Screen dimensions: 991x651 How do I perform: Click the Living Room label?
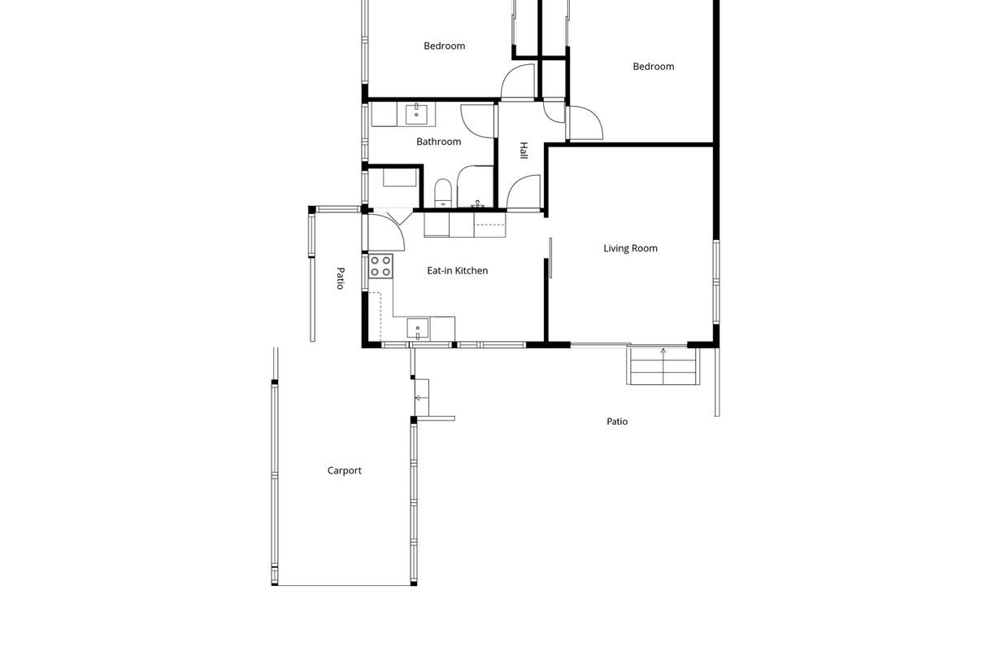coord(630,248)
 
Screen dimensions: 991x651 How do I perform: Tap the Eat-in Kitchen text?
coord(458,271)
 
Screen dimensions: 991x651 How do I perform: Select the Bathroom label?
coord(438,142)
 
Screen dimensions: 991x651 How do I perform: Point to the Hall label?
coord(524,151)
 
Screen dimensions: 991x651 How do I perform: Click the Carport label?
coord(344,470)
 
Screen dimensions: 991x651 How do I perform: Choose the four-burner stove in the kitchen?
coord(380,266)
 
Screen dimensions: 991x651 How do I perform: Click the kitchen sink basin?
coord(418,328)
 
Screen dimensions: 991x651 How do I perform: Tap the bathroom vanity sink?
coord(416,114)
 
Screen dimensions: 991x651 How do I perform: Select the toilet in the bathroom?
coord(442,193)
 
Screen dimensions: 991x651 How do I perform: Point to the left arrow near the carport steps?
coord(422,398)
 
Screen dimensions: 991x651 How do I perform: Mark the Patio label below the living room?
coord(617,422)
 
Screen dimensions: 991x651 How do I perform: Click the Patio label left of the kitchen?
coord(341,278)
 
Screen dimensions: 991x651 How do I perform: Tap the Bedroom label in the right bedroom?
coord(654,67)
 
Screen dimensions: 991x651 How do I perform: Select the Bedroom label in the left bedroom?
coord(444,46)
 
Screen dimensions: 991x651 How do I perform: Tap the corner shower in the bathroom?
coord(475,186)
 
